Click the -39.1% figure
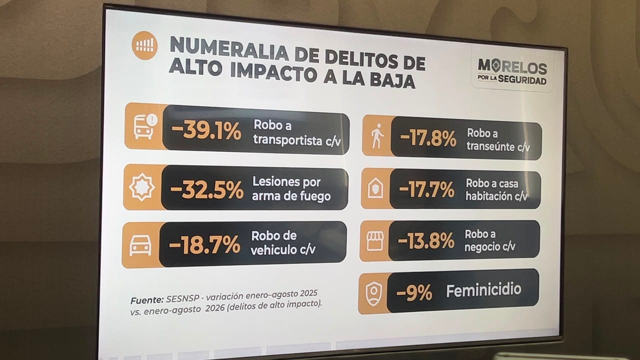(206, 130)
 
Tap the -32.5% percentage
(207, 189)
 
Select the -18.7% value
(204, 244)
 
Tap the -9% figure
(414, 291)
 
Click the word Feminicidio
(483, 289)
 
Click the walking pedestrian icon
(377, 136)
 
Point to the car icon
(140, 245)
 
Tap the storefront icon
(375, 241)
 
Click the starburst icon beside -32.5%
(141, 187)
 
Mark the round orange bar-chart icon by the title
(145, 45)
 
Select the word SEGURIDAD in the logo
(522, 79)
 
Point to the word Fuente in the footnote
(147, 300)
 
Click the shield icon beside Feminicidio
(374, 293)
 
